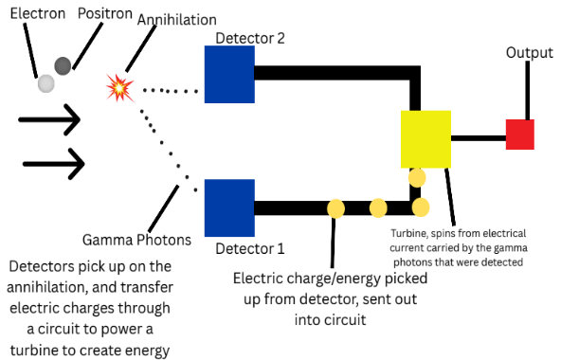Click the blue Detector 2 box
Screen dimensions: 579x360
coord(229,74)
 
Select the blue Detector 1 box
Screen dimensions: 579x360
coord(229,207)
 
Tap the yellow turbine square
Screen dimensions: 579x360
coord(425,139)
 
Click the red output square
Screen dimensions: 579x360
coord(520,135)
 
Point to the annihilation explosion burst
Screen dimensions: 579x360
coord(119,88)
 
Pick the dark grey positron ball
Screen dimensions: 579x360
coord(63,66)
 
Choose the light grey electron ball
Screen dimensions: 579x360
coord(46,83)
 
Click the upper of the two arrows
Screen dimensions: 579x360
coord(49,119)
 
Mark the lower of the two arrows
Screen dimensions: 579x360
coord(54,164)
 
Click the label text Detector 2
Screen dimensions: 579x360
coord(250,39)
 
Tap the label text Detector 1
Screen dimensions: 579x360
coord(250,248)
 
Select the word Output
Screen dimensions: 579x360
coord(529,53)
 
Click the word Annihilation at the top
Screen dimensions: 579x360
coord(177,20)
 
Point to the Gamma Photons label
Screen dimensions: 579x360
coord(136,240)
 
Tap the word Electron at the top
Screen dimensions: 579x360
coord(38,13)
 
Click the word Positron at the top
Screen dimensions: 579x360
coord(105,13)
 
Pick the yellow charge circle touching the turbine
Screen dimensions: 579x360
coord(417,178)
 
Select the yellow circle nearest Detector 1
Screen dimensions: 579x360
coord(336,208)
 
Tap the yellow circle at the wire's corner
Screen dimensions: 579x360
coord(421,207)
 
